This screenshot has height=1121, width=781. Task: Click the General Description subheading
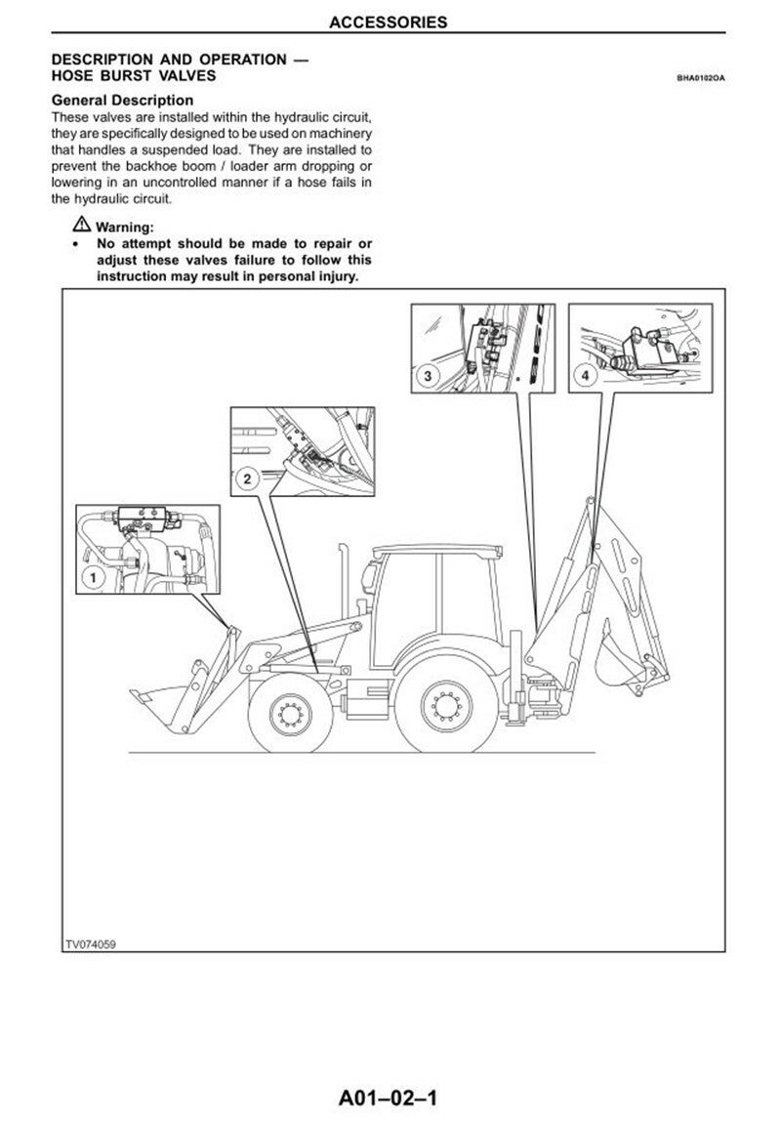pyautogui.click(x=122, y=100)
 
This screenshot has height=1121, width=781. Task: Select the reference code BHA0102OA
pyautogui.click(x=700, y=78)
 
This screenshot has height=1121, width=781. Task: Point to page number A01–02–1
pyautogui.click(x=390, y=1100)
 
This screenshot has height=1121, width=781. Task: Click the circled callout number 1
pyautogui.click(x=92, y=578)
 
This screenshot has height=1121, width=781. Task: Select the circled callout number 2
pyautogui.click(x=247, y=478)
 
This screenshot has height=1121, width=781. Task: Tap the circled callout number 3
pyautogui.click(x=428, y=375)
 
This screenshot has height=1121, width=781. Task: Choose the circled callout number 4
pyautogui.click(x=584, y=375)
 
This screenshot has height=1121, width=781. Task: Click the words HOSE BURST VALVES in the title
pyautogui.click(x=134, y=75)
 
